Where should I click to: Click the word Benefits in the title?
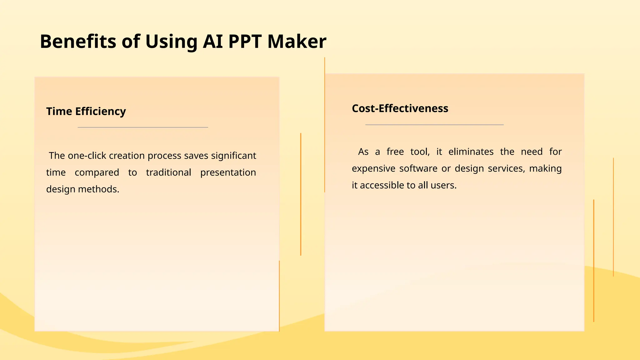click(x=78, y=41)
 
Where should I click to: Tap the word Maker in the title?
click(x=297, y=41)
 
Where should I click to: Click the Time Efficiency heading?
click(x=86, y=111)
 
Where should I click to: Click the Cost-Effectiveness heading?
click(x=400, y=108)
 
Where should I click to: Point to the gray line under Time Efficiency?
click(x=142, y=127)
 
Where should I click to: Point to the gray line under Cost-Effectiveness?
click(x=434, y=125)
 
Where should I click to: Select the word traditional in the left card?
click(x=168, y=172)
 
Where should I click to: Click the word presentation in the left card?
click(x=228, y=172)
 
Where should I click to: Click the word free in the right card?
click(x=395, y=152)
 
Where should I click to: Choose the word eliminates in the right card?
click(x=471, y=152)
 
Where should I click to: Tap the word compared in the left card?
click(x=97, y=172)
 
